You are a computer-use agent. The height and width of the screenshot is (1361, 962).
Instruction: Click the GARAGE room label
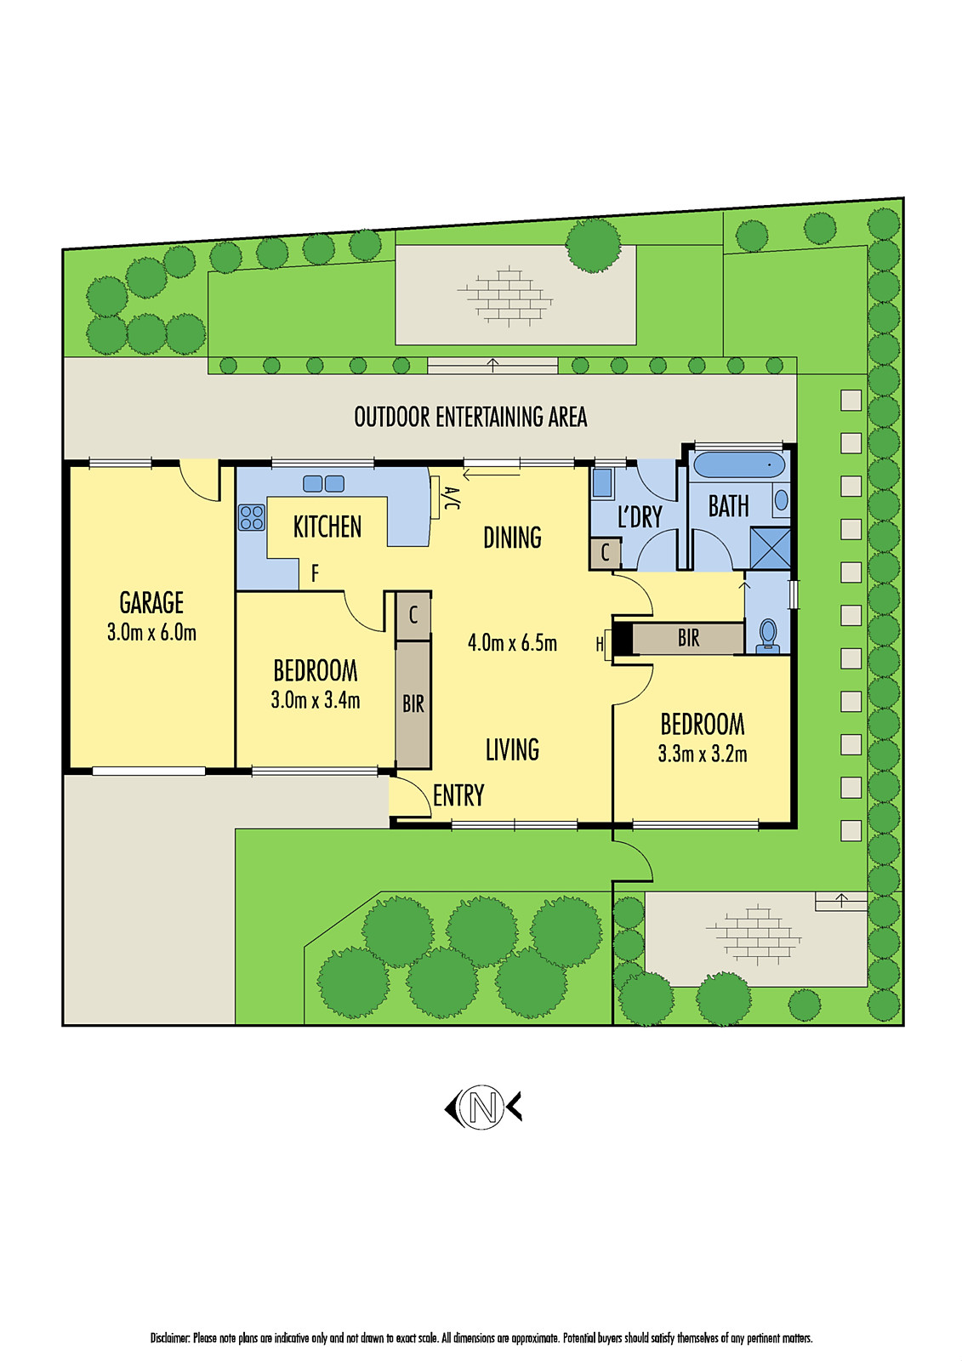tap(151, 603)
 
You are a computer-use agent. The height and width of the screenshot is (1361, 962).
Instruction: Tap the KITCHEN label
tap(327, 527)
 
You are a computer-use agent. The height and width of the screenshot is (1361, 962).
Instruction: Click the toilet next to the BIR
tap(768, 635)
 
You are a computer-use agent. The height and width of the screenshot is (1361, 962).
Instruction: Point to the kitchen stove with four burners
tap(252, 517)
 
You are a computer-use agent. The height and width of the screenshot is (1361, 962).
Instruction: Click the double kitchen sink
tap(324, 483)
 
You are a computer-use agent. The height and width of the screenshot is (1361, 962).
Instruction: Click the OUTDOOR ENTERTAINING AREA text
tap(470, 417)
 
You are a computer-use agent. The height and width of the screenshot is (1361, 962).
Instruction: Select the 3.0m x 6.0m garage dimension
tap(151, 633)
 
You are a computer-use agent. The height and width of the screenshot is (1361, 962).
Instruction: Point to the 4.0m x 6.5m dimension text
tap(512, 643)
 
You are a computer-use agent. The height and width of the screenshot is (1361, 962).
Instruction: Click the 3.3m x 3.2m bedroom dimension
tap(703, 754)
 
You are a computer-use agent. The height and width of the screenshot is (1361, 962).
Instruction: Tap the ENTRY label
tap(458, 796)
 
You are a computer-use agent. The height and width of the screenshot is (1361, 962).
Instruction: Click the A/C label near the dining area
tap(451, 498)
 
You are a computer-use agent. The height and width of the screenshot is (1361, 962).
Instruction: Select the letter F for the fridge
tap(315, 573)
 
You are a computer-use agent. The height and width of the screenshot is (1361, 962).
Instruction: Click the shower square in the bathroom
tap(771, 548)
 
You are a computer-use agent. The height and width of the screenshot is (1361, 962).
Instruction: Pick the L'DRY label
tap(640, 517)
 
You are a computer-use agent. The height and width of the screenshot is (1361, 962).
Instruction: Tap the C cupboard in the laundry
tap(605, 553)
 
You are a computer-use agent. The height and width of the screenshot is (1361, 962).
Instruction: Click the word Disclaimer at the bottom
tap(170, 1338)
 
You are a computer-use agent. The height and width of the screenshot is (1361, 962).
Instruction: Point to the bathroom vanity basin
tap(782, 499)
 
